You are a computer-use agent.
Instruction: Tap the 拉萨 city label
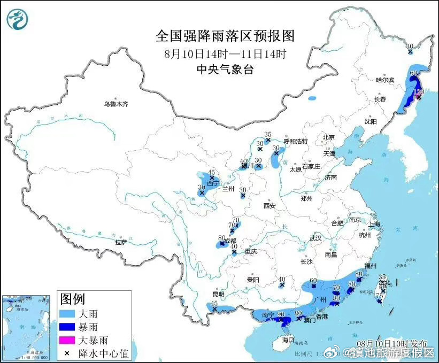coord(121,242)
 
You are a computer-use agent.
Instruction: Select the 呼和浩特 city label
coord(296,142)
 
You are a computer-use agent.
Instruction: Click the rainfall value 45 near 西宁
coord(211,172)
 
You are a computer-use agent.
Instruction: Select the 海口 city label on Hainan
coord(288,339)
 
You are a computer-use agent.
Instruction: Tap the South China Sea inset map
coord(27,326)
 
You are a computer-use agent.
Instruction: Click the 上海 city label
coord(373,224)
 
